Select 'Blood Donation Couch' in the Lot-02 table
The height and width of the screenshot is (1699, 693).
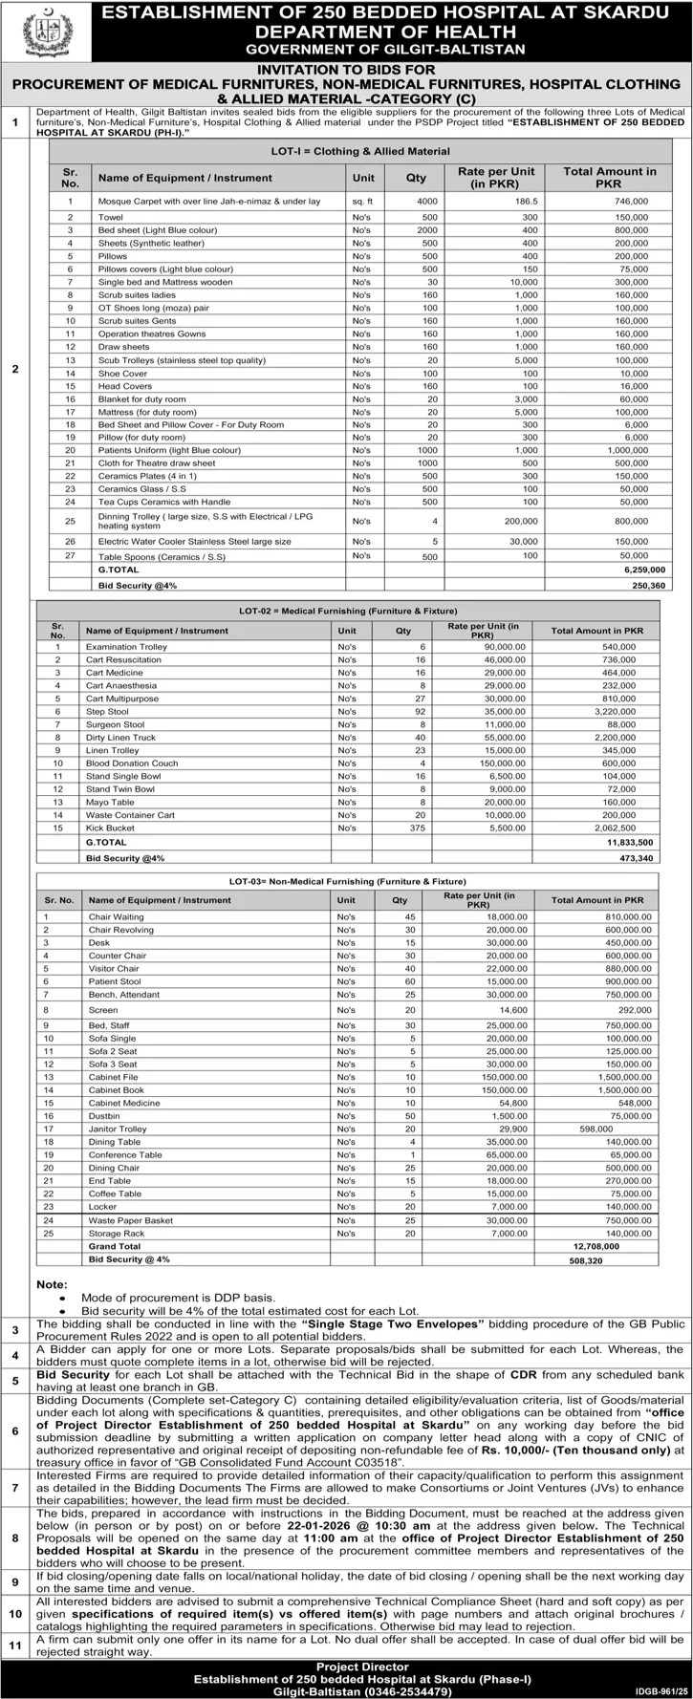click(132, 763)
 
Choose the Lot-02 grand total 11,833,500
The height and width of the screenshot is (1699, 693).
click(628, 844)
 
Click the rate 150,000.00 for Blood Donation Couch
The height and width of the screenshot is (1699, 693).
click(501, 763)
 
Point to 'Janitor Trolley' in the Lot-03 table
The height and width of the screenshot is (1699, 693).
click(118, 1129)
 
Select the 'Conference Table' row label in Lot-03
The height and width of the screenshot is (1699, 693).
click(125, 1154)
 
